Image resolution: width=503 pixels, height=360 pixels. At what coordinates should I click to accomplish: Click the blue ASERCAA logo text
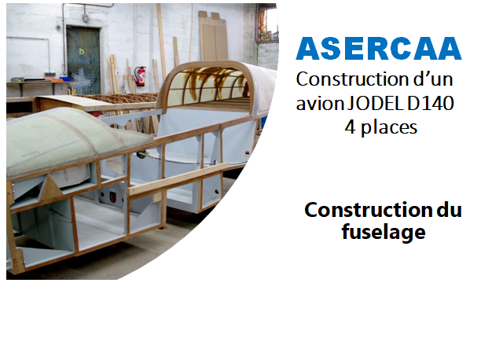click(x=379, y=49)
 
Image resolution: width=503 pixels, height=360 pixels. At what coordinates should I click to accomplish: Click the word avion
click(x=320, y=103)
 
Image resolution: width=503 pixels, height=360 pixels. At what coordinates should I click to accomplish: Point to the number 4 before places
click(x=351, y=127)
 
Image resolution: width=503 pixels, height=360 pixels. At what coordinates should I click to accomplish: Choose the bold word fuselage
click(x=384, y=232)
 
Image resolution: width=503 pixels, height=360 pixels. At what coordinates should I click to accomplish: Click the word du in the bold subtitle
click(x=450, y=210)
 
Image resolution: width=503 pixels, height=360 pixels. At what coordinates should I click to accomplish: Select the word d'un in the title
click(x=433, y=79)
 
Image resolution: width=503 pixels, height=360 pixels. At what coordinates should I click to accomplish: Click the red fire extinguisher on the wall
click(x=141, y=76)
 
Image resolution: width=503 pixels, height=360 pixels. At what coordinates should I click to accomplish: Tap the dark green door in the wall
click(x=83, y=61)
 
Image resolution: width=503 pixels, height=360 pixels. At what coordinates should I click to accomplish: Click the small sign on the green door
click(x=82, y=50)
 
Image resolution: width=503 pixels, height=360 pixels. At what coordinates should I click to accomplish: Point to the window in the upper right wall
click(x=267, y=24)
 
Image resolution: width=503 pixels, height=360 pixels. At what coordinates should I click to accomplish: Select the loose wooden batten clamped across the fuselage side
click(x=178, y=179)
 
